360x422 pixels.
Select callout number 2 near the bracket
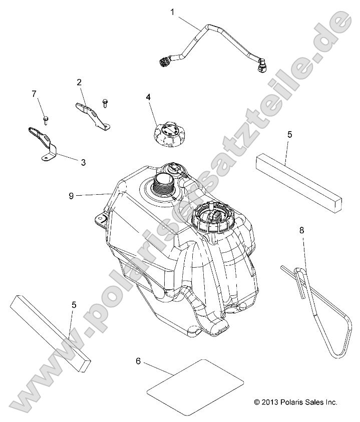[x=79, y=82]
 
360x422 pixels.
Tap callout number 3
[x=83, y=162]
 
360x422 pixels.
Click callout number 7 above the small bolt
[x=34, y=94]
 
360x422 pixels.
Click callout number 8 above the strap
[x=301, y=231]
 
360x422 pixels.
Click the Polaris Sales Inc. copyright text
[x=295, y=401]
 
